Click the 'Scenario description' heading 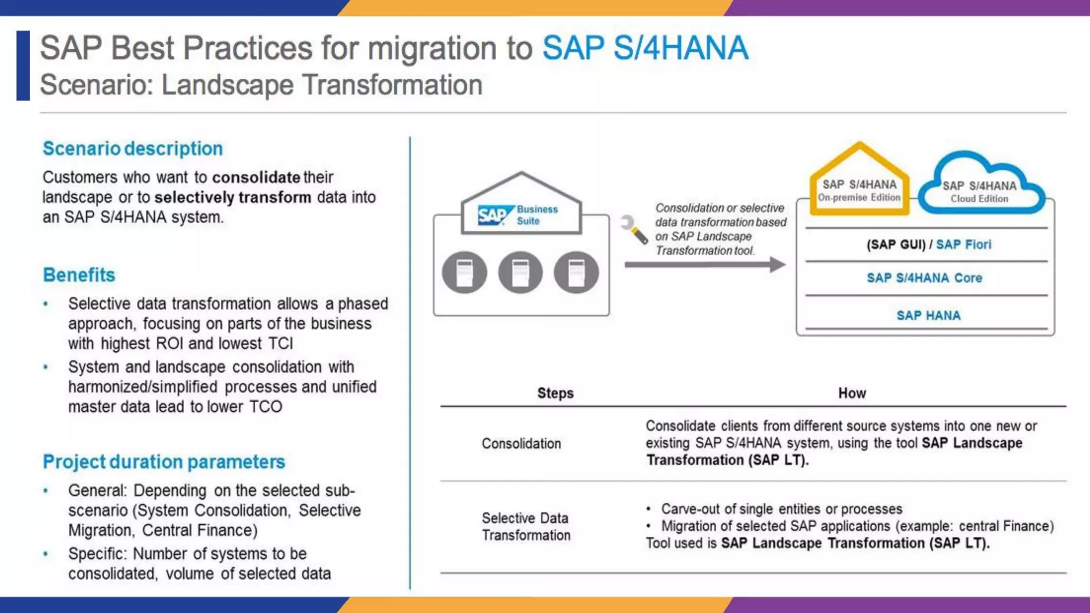click(133, 148)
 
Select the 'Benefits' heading click(79, 275)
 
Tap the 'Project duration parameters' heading click(164, 461)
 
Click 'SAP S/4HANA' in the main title click(645, 48)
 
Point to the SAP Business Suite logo click(517, 215)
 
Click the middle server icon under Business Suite click(520, 272)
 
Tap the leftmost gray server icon click(464, 272)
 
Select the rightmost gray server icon click(576, 272)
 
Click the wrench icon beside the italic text click(634, 229)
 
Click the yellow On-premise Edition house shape click(859, 184)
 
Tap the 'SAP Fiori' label click(963, 244)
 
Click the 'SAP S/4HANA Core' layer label click(924, 278)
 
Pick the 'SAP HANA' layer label click(928, 316)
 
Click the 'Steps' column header click(555, 393)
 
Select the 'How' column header click(852, 393)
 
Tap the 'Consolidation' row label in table click(521, 443)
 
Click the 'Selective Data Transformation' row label click(526, 526)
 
